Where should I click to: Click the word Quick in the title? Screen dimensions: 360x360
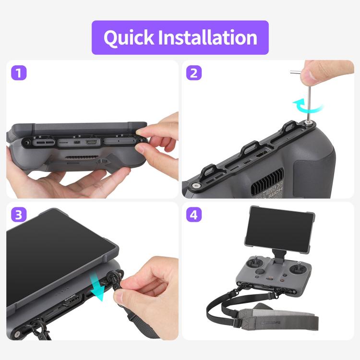point(128,38)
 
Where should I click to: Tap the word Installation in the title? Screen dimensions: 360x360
point(208,38)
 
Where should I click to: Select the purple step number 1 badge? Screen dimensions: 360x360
point(18,73)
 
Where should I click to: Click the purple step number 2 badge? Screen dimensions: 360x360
point(194,73)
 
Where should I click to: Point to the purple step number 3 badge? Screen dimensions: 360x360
point(18,215)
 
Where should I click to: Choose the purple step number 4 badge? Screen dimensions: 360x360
point(194,215)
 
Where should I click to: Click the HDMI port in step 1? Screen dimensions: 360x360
point(92,143)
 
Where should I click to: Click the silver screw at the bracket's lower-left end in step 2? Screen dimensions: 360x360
point(196,185)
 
